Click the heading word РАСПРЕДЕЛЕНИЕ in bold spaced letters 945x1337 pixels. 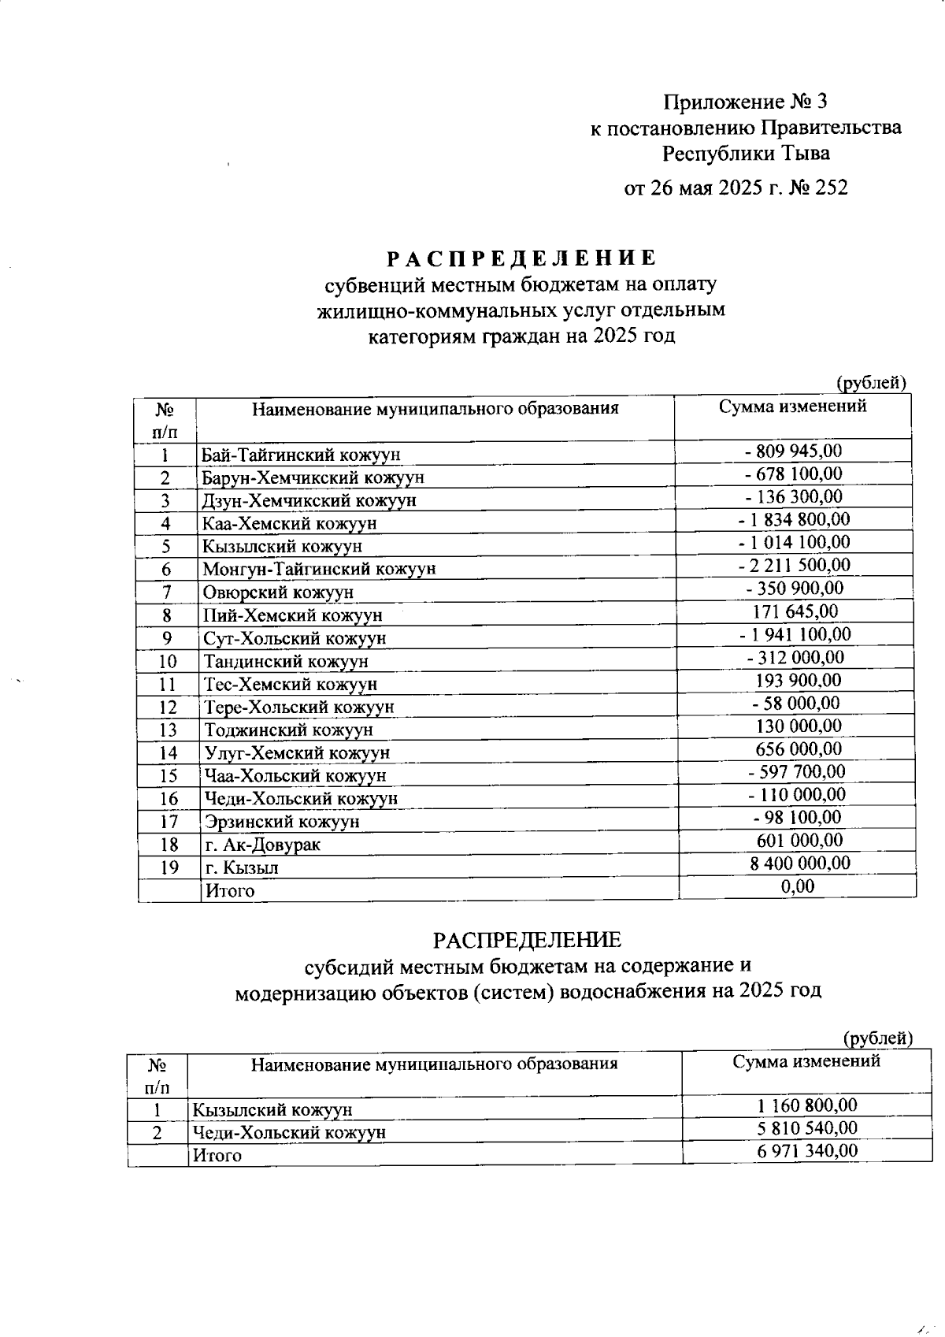(521, 258)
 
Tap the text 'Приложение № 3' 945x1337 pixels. (745, 102)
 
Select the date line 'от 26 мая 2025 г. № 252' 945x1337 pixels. (736, 188)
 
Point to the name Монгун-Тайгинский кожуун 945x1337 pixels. (319, 569)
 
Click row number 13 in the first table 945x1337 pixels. (168, 730)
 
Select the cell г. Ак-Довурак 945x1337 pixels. (262, 845)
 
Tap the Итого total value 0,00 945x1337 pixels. (798, 886)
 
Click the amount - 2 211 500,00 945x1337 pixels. (794, 565)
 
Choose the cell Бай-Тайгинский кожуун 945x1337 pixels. (301, 455)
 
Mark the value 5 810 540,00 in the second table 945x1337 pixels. (806, 1128)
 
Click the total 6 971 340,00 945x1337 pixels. (806, 1151)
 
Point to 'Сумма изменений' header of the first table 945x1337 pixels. (792, 407)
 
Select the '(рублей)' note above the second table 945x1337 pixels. (878, 1038)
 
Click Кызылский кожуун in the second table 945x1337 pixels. (272, 1110)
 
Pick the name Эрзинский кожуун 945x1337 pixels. (282, 822)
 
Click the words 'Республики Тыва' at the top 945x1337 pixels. (745, 153)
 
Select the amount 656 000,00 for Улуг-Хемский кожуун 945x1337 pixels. (798, 748)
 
